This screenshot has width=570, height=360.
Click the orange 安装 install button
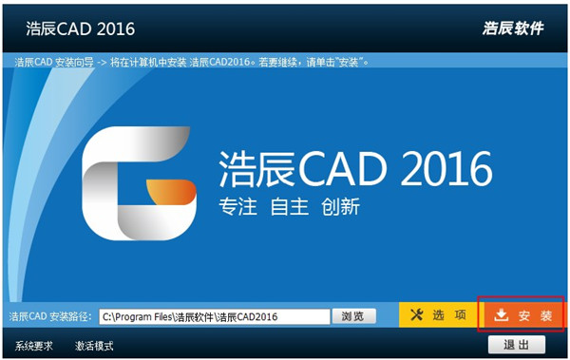click(523, 314)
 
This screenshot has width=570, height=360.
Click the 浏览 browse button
click(352, 316)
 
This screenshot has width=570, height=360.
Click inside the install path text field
click(214, 316)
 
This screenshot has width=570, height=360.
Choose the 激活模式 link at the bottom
click(94, 346)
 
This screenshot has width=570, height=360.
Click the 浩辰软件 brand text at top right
click(513, 28)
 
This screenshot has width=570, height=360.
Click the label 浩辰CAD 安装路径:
click(50, 316)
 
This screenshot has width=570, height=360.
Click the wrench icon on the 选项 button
click(415, 314)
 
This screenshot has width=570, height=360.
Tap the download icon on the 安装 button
click(501, 314)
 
